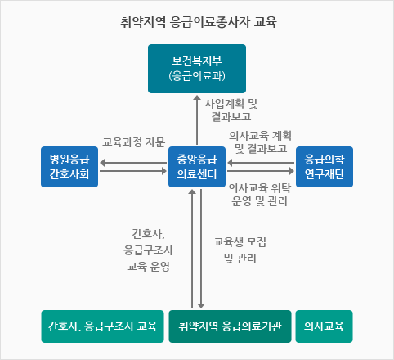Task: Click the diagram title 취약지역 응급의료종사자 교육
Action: [x=199, y=22]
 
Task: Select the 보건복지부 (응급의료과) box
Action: [x=197, y=69]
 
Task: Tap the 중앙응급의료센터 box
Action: [x=197, y=167]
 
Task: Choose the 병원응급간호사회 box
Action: [x=69, y=167]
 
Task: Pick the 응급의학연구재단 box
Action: [x=325, y=167]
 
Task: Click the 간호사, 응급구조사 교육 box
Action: [x=102, y=326]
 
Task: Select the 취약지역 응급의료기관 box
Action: [x=230, y=326]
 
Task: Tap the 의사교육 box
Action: [x=325, y=326]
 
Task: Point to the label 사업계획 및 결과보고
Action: [x=231, y=110]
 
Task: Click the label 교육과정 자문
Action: [x=134, y=142]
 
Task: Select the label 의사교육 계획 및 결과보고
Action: [x=260, y=142]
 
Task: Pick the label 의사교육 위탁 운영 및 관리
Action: [x=260, y=195]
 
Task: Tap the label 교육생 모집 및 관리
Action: [x=240, y=250]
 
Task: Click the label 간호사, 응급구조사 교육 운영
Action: [x=149, y=250]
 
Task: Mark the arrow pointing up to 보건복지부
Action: [x=197, y=119]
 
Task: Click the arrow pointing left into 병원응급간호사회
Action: [x=133, y=163]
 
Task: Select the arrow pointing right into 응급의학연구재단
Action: [x=261, y=171]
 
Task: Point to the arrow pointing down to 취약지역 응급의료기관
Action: [x=201, y=249]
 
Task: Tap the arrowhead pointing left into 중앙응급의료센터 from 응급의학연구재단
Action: [x=230, y=163]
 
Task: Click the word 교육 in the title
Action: [x=266, y=22]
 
